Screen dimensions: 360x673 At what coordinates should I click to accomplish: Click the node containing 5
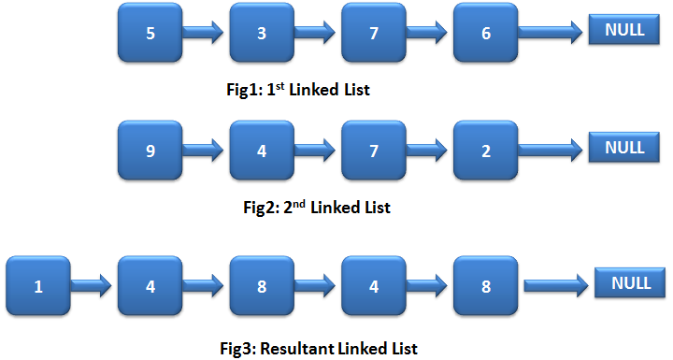click(x=150, y=33)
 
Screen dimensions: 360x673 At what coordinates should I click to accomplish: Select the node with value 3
click(x=262, y=33)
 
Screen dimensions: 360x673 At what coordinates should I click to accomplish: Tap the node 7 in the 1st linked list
click(x=374, y=33)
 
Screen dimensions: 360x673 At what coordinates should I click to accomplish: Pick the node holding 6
click(x=485, y=33)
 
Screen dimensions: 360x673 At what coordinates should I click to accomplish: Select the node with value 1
click(x=38, y=286)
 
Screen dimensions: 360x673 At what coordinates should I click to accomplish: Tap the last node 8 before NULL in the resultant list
click(x=485, y=286)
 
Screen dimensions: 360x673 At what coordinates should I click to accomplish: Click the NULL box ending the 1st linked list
click(x=624, y=30)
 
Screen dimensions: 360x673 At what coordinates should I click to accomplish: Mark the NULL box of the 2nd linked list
click(x=624, y=148)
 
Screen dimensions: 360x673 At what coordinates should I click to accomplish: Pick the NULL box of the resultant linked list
click(x=631, y=283)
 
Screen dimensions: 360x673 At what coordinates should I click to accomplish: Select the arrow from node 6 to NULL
click(x=551, y=33)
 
